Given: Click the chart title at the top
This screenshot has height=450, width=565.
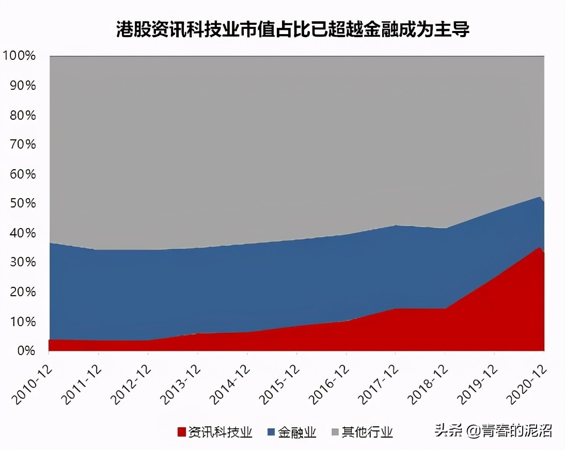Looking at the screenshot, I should click(292, 29).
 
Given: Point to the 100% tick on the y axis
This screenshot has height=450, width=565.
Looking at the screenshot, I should click(19, 56).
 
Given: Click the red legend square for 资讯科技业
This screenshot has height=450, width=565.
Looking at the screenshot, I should click(181, 432).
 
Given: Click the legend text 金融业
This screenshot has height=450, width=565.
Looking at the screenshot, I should click(297, 432).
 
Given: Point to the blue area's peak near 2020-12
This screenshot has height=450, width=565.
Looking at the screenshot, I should click(540, 197).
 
